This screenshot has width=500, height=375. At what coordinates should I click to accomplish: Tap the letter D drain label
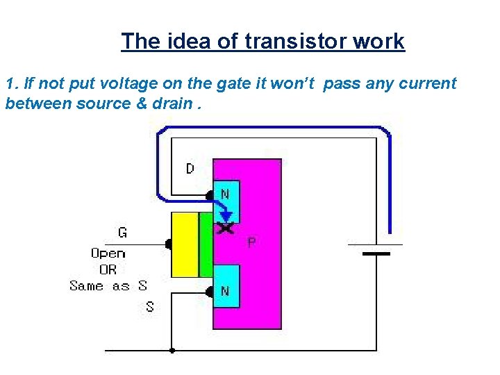[190, 169]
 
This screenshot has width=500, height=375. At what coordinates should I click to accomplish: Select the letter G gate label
[122, 233]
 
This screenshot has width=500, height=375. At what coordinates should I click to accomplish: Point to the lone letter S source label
[149, 306]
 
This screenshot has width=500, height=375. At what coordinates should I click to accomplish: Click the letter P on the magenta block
[251, 242]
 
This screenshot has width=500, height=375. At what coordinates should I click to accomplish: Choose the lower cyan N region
[225, 285]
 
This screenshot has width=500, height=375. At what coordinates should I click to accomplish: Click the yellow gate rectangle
[184, 245]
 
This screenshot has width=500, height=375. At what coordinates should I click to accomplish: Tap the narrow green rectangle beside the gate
[206, 245]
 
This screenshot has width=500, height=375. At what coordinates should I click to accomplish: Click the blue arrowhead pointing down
[225, 216]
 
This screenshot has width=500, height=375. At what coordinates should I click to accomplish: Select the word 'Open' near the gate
[108, 253]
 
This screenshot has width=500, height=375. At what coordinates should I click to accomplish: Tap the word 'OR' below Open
[108, 269]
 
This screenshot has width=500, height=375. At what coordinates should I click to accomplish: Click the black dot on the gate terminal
[169, 244]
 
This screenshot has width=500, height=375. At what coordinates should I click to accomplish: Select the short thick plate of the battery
[376, 254]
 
